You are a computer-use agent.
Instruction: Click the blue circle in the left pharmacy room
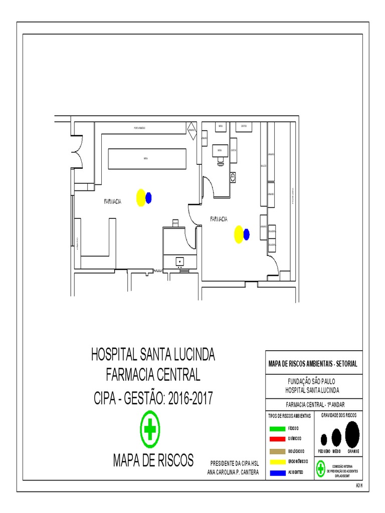[148, 198]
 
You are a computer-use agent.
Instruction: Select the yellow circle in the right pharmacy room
[239, 234]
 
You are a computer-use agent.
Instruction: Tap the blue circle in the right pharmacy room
[246, 234]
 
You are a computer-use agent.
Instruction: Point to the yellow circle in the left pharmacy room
[141, 197]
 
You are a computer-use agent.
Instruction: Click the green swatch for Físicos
[277, 429]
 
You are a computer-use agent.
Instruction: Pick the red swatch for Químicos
[277, 439]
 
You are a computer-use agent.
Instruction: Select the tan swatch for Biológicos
[277, 451]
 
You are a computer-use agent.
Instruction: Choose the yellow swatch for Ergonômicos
[277, 461]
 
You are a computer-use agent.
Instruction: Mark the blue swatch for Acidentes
[277, 473]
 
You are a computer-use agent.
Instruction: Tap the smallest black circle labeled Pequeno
[324, 439]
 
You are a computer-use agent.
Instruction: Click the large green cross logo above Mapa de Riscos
[150, 429]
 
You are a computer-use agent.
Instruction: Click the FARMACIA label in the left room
[113, 201]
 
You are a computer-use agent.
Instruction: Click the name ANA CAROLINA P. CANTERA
[233, 472]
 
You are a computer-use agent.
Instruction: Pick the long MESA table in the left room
[145, 158]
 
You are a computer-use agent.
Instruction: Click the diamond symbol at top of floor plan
[191, 132]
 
